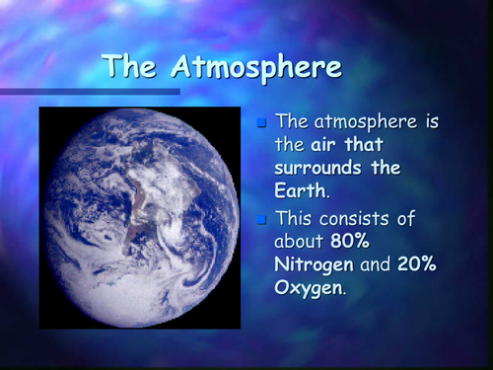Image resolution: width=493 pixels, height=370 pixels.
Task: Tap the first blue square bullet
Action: tap(261, 124)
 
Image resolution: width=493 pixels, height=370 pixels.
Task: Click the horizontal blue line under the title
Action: tap(89, 92)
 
